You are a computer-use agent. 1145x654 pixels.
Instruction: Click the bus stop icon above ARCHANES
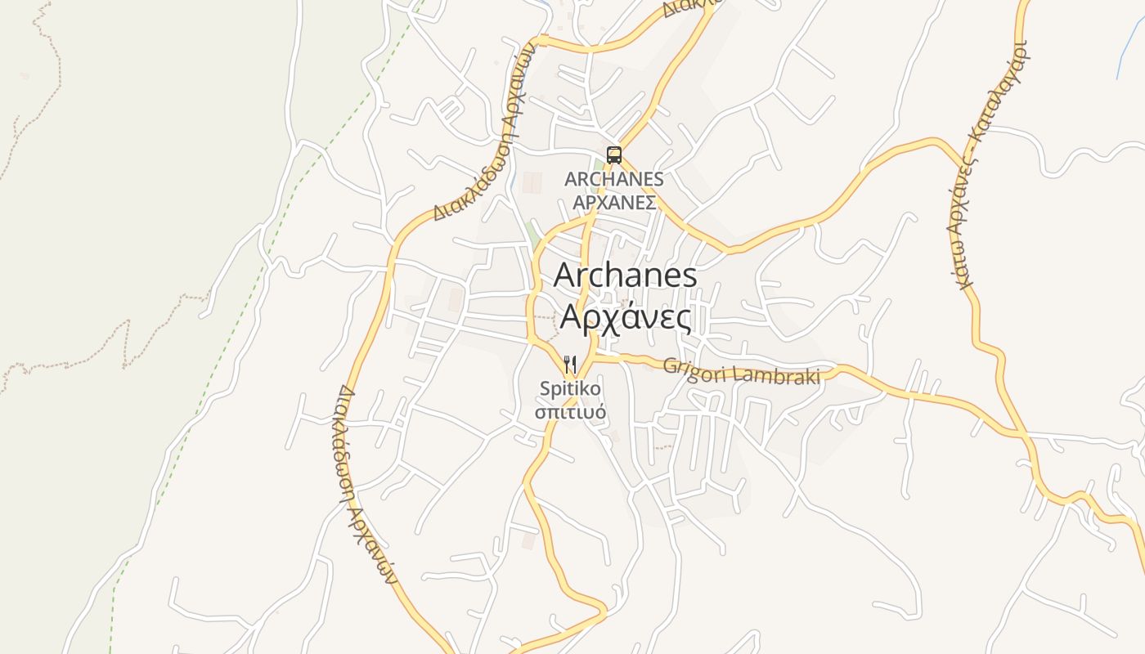point(613,155)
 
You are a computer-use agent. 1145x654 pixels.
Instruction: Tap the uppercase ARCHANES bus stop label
point(613,179)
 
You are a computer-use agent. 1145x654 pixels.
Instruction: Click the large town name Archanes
point(626,275)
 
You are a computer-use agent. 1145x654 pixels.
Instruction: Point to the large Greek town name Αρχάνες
point(626,317)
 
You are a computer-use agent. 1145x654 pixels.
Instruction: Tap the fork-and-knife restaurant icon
point(570,363)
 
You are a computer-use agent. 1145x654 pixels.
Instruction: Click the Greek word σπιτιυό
point(570,410)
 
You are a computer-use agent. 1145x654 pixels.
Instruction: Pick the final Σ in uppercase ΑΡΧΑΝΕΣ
point(650,202)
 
